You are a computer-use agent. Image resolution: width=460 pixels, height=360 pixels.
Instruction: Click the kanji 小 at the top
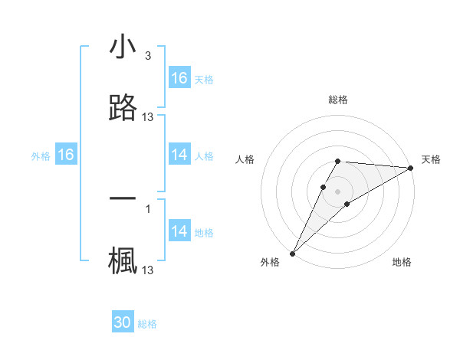123,47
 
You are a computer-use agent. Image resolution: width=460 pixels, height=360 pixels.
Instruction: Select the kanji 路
123,108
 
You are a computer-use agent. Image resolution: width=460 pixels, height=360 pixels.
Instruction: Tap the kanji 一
123,198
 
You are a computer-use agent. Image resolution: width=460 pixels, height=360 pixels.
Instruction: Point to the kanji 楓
123,261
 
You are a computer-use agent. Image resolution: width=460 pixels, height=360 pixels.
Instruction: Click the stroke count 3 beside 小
148,56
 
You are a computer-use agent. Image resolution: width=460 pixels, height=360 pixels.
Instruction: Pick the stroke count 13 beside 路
148,117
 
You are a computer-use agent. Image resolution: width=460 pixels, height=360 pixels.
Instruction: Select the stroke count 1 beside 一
148,208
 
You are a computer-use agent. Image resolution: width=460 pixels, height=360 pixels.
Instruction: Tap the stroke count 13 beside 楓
148,270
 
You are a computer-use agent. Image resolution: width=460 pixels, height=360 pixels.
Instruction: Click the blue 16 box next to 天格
179,78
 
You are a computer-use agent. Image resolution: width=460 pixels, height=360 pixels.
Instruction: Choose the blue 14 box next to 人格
179,155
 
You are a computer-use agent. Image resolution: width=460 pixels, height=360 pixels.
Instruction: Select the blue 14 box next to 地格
179,231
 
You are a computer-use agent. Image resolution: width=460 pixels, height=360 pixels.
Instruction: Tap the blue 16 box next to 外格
66,155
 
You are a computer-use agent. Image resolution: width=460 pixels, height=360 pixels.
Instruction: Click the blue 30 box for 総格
123,322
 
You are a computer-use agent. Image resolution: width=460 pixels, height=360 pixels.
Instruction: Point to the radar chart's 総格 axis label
338,100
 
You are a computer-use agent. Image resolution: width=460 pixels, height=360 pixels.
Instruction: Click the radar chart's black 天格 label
431,159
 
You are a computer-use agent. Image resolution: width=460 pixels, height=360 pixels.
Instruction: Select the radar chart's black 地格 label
402,262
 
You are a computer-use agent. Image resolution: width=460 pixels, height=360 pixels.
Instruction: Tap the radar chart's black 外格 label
270,262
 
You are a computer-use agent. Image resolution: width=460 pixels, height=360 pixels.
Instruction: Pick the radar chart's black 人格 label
245,159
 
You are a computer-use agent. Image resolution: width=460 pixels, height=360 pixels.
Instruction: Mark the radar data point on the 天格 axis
411,168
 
